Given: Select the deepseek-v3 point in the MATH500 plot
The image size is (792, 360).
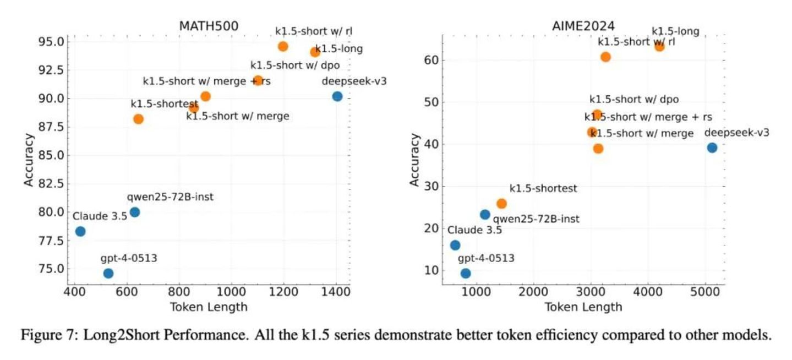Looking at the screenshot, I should pyautogui.click(x=337, y=96).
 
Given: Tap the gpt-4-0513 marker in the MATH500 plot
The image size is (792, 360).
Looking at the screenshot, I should pyautogui.click(x=108, y=273).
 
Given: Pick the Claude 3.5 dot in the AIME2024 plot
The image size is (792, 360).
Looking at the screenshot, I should pyautogui.click(x=455, y=245).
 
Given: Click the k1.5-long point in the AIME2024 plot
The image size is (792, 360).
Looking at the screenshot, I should pyautogui.click(x=659, y=46).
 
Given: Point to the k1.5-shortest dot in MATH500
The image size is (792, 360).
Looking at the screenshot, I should pyautogui.click(x=138, y=119).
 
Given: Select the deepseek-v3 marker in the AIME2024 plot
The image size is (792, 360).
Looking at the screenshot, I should pyautogui.click(x=712, y=148).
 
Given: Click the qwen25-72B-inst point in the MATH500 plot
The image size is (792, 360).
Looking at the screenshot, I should pyautogui.click(x=134, y=212).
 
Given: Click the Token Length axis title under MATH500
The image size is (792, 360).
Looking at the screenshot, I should pyautogui.click(x=208, y=307).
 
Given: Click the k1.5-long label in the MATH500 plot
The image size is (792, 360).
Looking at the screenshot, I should pyautogui.click(x=339, y=49).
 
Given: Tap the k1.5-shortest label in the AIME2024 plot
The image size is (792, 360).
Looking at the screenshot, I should pyautogui.click(x=543, y=189).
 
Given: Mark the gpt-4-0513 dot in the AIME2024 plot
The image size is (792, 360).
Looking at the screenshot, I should pyautogui.click(x=466, y=273).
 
